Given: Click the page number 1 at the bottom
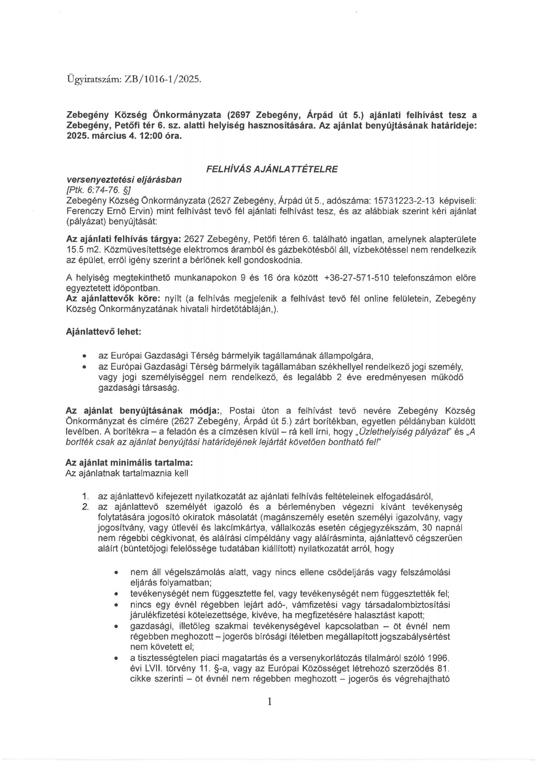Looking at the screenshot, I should [270, 701].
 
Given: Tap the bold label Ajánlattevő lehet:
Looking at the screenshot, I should [103, 331].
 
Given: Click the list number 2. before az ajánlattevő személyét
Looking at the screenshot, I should [85, 507].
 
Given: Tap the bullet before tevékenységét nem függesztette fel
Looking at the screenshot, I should [116, 594].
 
